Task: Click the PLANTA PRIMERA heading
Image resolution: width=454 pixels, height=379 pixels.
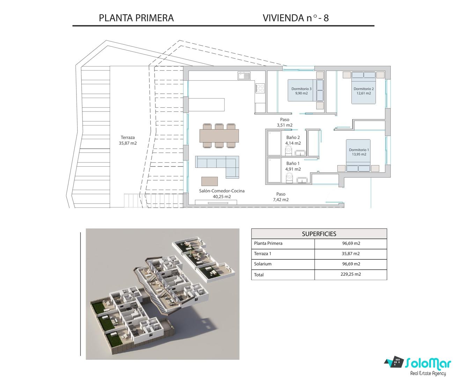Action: [x=136, y=18]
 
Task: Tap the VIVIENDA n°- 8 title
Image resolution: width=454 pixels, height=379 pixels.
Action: [x=296, y=18]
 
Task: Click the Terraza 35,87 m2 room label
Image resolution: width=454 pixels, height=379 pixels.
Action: [x=127, y=140]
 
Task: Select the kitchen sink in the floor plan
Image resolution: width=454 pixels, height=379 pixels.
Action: [x=244, y=76]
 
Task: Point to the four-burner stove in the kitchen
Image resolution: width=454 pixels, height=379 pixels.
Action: [x=260, y=88]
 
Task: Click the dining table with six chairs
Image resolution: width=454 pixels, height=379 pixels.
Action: [x=219, y=136]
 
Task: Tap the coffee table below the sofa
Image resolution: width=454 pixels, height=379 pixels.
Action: [x=210, y=181]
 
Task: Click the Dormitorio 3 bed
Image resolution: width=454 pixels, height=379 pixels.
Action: [x=306, y=90]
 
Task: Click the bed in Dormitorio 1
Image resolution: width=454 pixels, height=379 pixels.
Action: [x=358, y=156]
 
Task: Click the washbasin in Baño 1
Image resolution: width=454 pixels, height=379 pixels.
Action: [x=302, y=180]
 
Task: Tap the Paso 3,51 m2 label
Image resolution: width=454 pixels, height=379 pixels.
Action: [x=285, y=122]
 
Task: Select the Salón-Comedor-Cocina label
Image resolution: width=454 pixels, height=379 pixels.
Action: [x=222, y=191]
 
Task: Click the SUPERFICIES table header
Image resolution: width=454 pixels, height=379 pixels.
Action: [x=319, y=234]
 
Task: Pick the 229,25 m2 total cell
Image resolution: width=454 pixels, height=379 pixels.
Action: [x=351, y=274]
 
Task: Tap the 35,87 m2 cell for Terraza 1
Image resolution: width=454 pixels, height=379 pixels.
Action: [x=351, y=253]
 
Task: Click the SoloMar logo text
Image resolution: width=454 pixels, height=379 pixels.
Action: [x=428, y=363]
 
